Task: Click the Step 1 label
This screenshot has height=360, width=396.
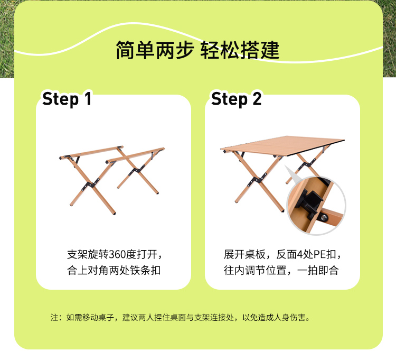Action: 67,99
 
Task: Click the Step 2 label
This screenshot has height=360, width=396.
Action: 237,99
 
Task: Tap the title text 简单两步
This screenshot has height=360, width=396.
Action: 155,50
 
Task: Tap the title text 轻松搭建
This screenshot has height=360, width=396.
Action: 240,50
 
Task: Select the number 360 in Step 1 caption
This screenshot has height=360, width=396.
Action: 117,254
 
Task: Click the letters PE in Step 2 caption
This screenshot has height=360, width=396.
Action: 319,254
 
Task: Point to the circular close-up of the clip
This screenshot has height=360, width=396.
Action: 316,205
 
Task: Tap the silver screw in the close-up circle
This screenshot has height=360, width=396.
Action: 324,217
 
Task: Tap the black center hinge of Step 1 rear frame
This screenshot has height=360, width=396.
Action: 136,170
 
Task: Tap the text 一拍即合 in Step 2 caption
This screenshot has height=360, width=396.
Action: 318,270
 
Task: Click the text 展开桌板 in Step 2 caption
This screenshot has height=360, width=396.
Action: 244,254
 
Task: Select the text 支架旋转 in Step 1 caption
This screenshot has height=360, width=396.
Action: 88,254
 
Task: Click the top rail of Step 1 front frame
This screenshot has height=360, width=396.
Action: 91,152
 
